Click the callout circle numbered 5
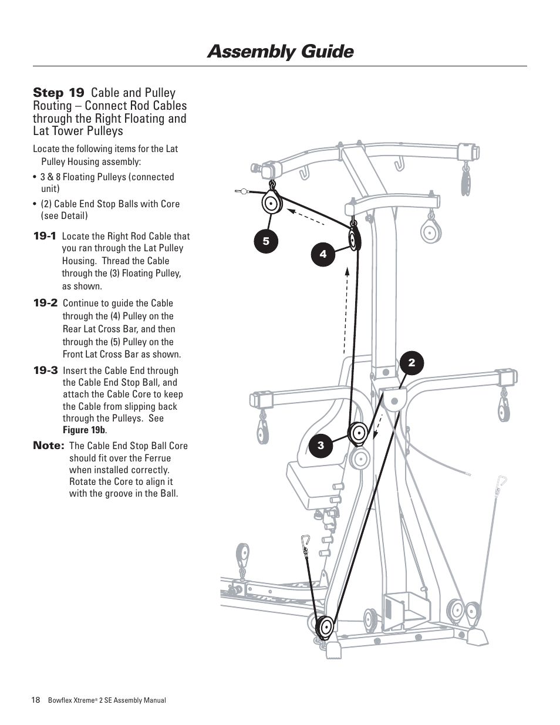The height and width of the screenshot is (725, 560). click(266, 241)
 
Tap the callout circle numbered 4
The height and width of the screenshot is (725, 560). click(323, 254)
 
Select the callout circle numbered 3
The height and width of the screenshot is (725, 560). click(321, 446)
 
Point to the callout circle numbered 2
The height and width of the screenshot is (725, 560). click(411, 363)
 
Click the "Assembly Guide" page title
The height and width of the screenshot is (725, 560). click(280, 52)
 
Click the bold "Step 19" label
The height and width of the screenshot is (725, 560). click(59, 93)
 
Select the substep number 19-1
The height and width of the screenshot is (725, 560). click(45, 236)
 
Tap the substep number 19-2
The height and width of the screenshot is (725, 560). click(45, 303)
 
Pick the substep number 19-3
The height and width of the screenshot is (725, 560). click(45, 370)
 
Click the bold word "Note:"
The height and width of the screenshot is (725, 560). click(48, 446)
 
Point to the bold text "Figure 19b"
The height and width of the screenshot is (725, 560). click(85, 430)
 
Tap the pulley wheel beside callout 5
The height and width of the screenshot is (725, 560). click(271, 205)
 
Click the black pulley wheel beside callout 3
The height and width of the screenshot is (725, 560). click(357, 434)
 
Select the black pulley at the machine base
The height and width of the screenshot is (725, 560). click(324, 627)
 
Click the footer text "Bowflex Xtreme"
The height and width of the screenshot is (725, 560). click(71, 700)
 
